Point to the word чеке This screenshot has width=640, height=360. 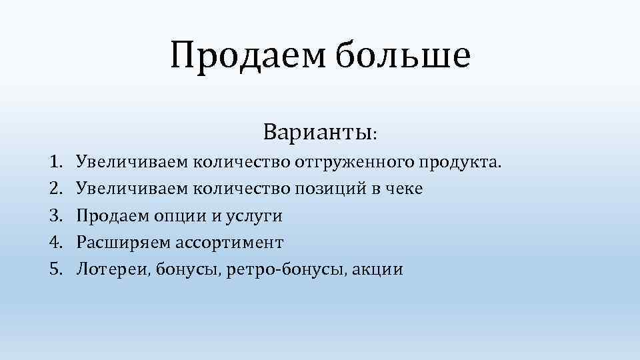[x=402, y=189]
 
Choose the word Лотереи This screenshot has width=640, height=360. [x=113, y=270]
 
